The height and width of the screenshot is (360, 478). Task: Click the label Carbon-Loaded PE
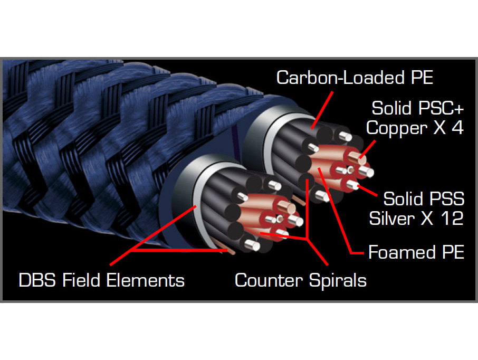tap(355, 78)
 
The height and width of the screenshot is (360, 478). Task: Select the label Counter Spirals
tap(300, 280)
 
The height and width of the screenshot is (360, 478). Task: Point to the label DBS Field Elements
tap(102, 280)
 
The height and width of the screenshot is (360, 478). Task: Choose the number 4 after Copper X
tap(456, 128)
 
